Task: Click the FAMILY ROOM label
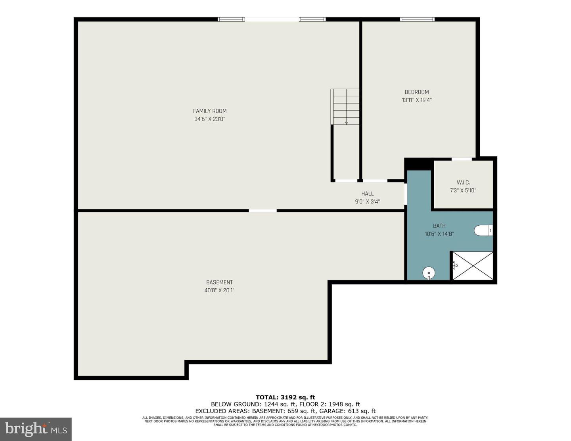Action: (210, 111)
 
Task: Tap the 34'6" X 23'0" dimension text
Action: (210, 119)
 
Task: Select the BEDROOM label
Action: (417, 92)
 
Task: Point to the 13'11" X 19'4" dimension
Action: (417, 100)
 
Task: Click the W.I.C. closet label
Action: (463, 182)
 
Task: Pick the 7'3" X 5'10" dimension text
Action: (463, 190)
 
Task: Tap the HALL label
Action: (367, 194)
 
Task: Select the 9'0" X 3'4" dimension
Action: (367, 201)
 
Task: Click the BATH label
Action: (439, 226)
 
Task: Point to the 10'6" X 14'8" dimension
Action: (439, 234)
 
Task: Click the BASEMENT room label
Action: (219, 282)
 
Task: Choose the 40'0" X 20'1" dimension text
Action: (219, 290)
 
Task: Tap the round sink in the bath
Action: (429, 273)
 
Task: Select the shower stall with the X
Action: (473, 266)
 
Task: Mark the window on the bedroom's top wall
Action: (417, 19)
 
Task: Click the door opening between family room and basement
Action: (263, 211)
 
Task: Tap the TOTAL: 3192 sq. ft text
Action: (285, 397)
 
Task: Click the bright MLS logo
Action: (36, 429)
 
